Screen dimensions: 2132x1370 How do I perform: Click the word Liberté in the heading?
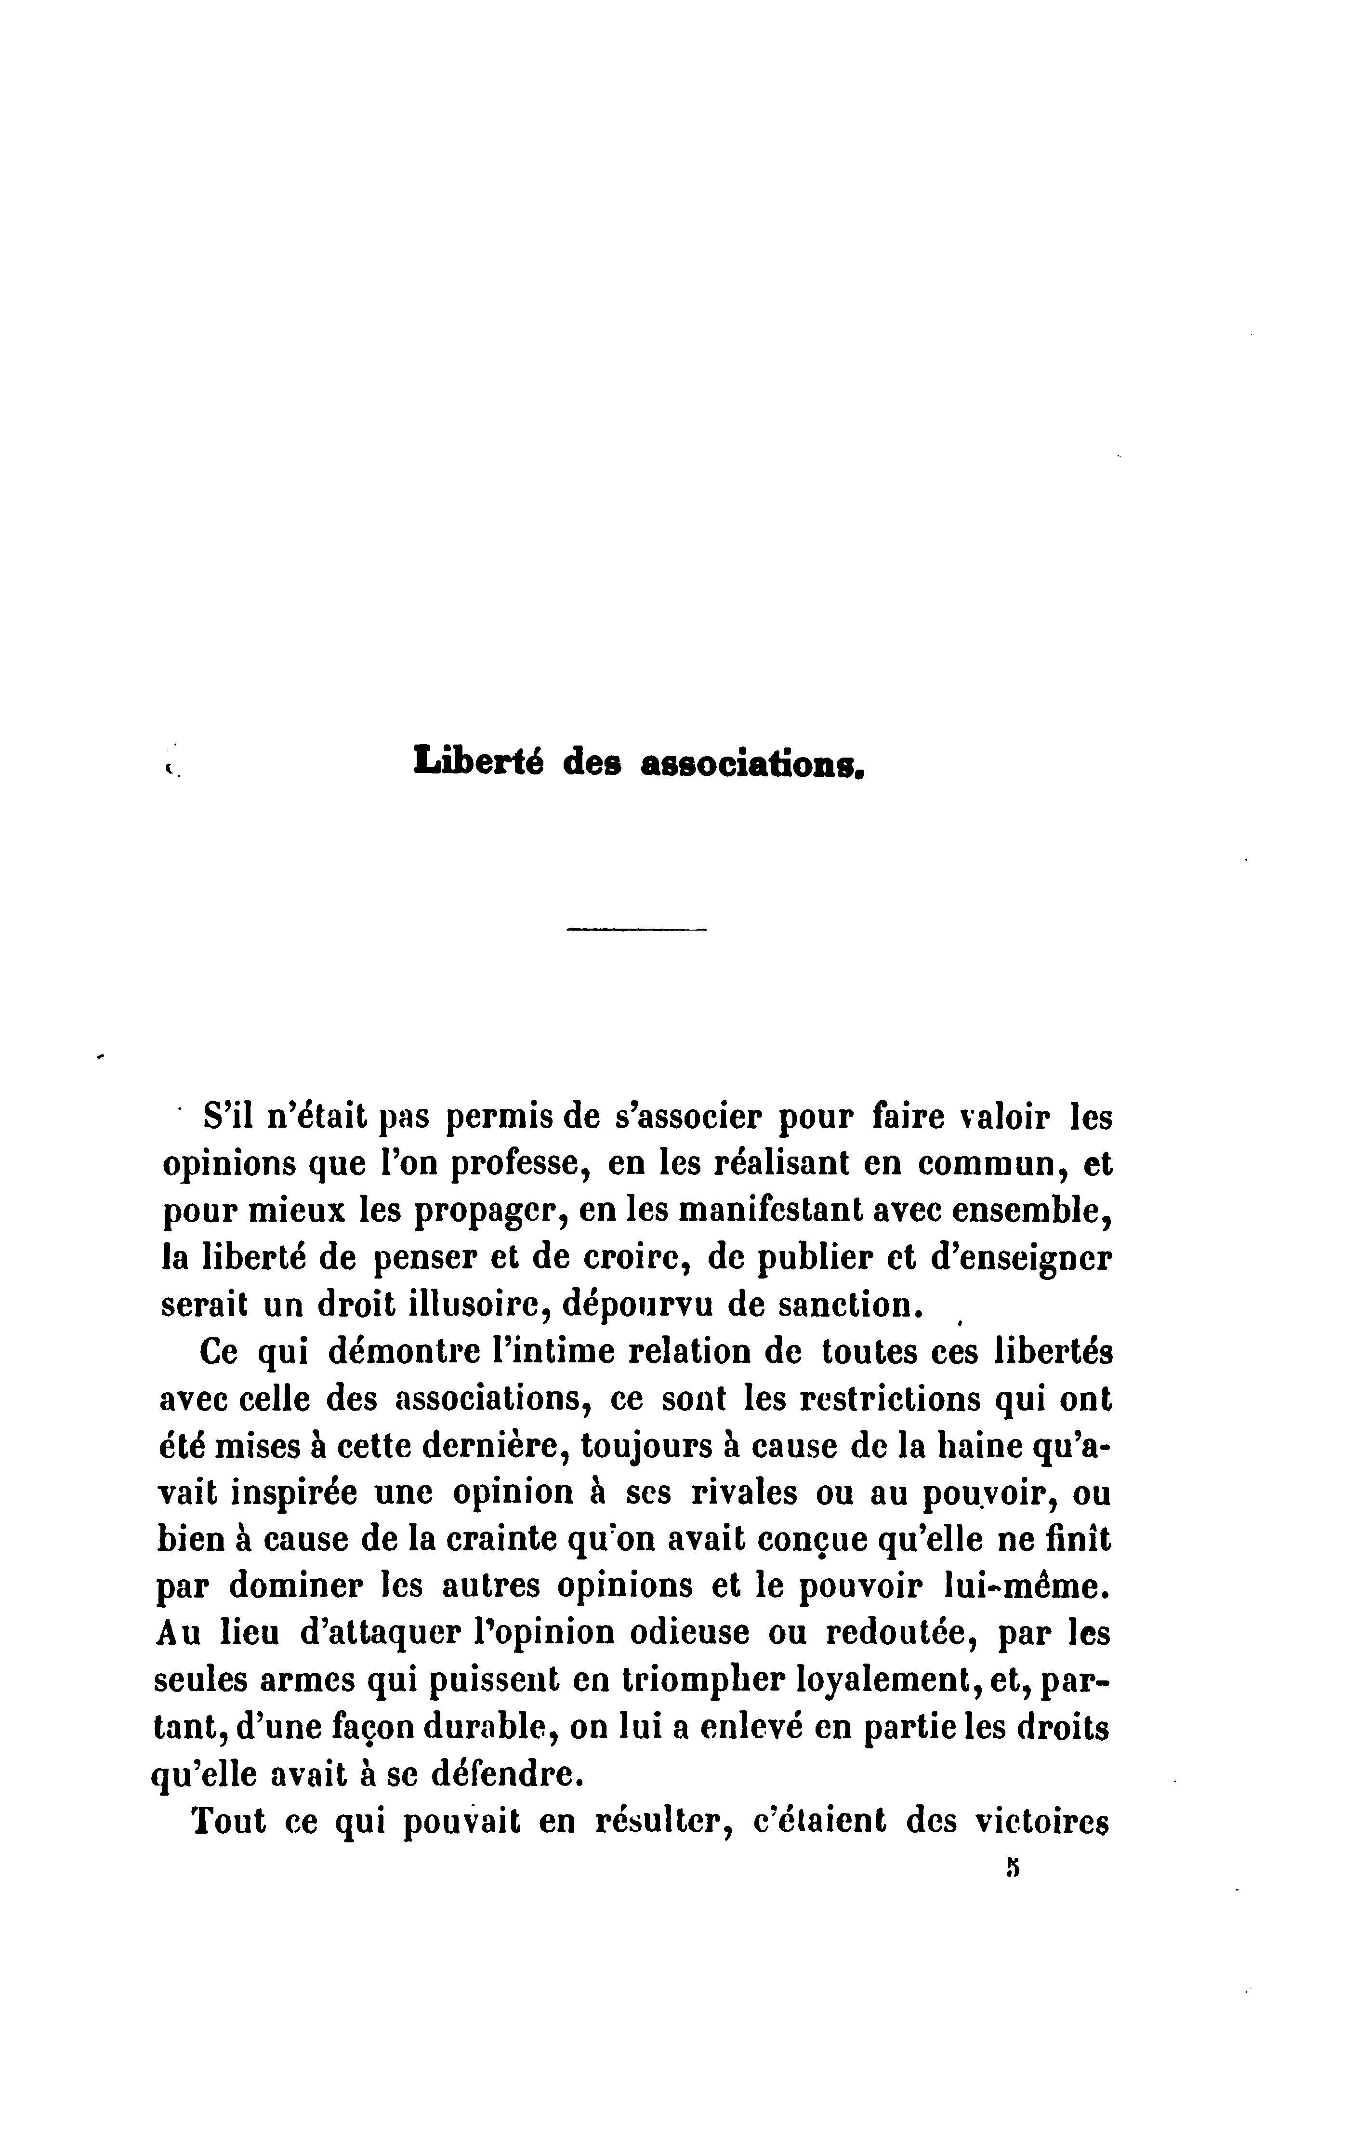(x=479, y=762)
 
